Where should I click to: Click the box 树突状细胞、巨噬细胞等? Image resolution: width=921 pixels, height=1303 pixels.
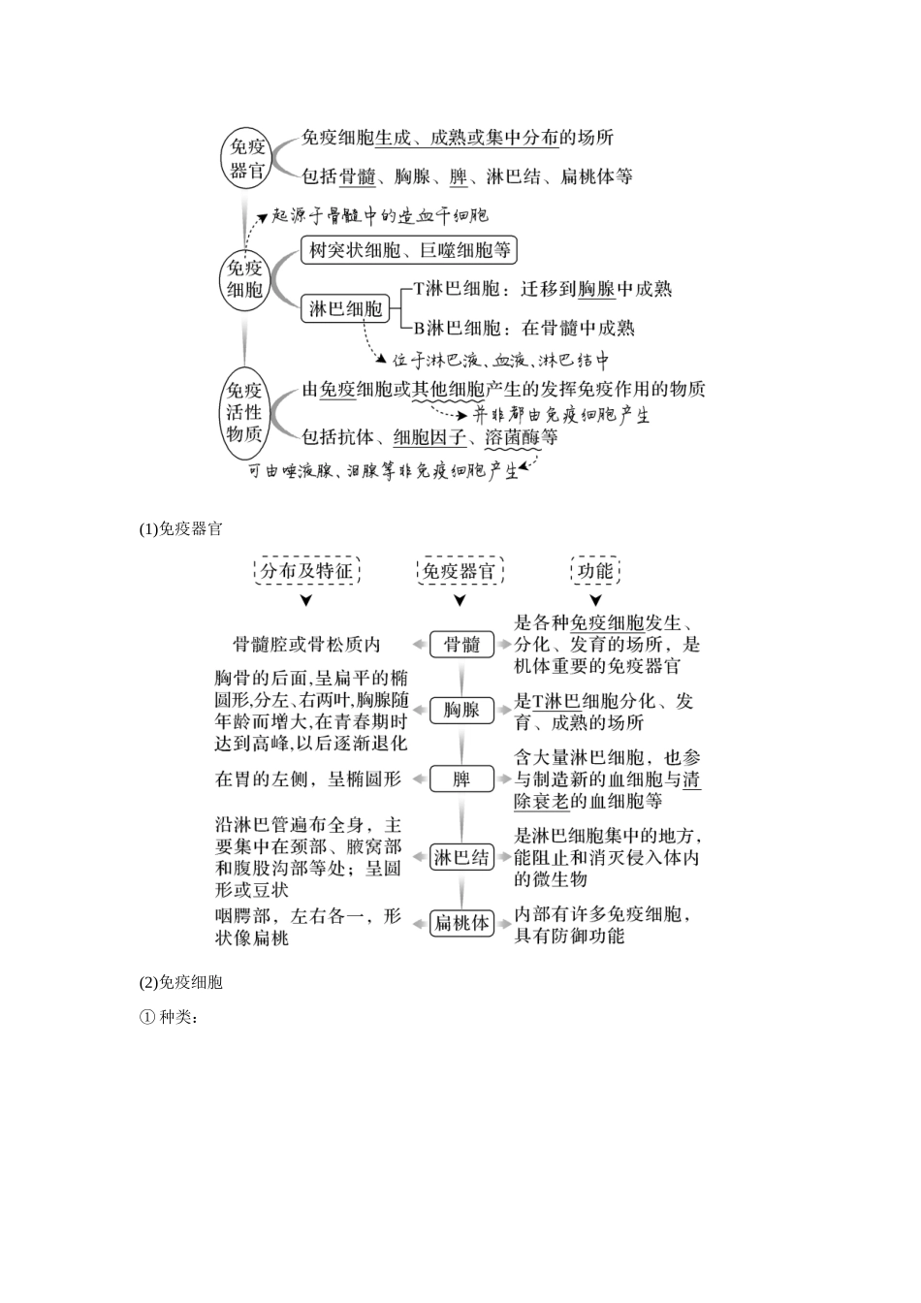click(x=409, y=251)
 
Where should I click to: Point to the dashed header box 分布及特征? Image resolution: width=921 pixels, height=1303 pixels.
click(x=306, y=571)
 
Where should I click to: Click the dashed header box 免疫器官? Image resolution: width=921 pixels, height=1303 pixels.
click(x=460, y=571)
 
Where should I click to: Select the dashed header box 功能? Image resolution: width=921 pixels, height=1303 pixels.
click(x=594, y=571)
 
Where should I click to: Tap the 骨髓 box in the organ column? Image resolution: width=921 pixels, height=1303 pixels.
click(x=461, y=645)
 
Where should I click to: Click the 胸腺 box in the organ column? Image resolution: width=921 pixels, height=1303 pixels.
click(x=461, y=711)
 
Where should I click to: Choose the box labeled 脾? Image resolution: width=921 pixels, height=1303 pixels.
click(x=461, y=779)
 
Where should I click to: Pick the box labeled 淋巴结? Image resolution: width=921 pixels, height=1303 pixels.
click(x=461, y=857)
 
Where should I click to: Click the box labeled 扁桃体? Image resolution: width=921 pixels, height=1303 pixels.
click(x=461, y=923)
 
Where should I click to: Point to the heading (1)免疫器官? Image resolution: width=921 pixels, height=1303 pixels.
click(x=181, y=529)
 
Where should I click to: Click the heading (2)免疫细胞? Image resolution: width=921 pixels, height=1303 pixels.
click(x=181, y=982)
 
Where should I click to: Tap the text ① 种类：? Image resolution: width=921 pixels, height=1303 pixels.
click(x=169, y=1018)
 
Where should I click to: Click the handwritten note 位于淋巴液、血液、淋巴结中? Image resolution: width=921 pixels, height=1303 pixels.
click(x=500, y=361)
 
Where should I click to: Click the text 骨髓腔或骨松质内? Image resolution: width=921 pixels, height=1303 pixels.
click(x=306, y=645)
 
